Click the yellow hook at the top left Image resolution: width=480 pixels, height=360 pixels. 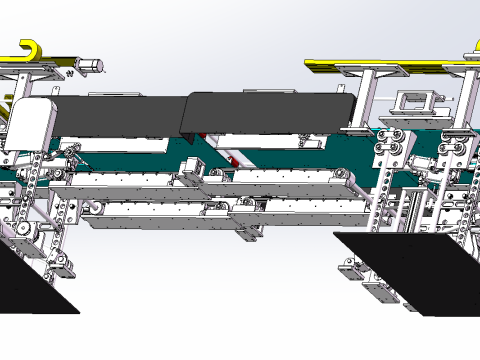click(32, 50)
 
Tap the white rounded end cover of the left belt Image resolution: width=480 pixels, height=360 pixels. click(30, 124)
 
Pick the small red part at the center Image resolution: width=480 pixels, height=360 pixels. click(231, 159)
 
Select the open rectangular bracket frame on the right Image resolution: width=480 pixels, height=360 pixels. click(416, 101)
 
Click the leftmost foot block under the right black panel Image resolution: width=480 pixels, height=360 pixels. click(349, 270)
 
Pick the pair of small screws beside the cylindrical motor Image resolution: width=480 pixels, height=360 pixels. click(73, 72)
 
